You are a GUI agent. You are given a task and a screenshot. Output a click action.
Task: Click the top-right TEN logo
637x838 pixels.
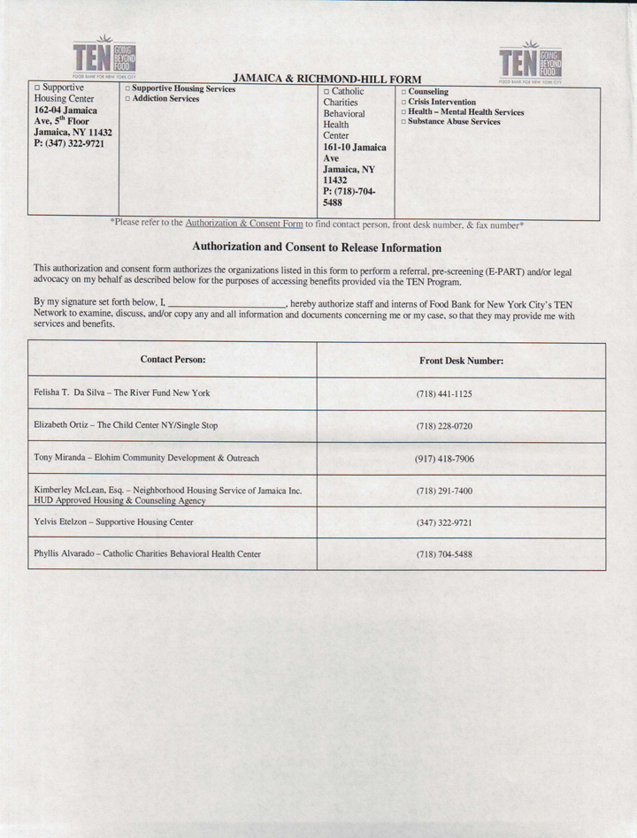click(x=531, y=63)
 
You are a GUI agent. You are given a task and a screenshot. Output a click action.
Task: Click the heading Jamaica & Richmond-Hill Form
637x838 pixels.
click(x=327, y=80)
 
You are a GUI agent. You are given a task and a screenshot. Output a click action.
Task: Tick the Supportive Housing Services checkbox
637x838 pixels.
click(x=127, y=90)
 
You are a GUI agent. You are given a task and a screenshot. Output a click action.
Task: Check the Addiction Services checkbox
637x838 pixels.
click(x=127, y=100)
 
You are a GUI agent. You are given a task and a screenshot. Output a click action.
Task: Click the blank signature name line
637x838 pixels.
click(x=232, y=303)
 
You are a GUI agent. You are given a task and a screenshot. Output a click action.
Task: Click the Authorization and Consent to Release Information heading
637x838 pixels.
click(x=317, y=248)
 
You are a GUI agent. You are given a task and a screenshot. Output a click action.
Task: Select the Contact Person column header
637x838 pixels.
click(x=173, y=360)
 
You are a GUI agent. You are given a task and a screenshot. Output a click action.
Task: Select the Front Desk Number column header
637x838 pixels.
click(x=461, y=361)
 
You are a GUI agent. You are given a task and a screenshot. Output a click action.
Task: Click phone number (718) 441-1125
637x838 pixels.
click(x=444, y=393)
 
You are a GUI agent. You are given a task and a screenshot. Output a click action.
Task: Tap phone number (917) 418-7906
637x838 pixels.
click(x=444, y=459)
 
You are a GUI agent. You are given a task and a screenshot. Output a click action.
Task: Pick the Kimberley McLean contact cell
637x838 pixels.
click(x=167, y=495)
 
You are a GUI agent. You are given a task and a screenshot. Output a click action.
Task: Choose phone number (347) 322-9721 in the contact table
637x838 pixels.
click(x=444, y=522)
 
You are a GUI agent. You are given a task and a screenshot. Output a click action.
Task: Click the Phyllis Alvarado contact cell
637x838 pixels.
click(x=147, y=554)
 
